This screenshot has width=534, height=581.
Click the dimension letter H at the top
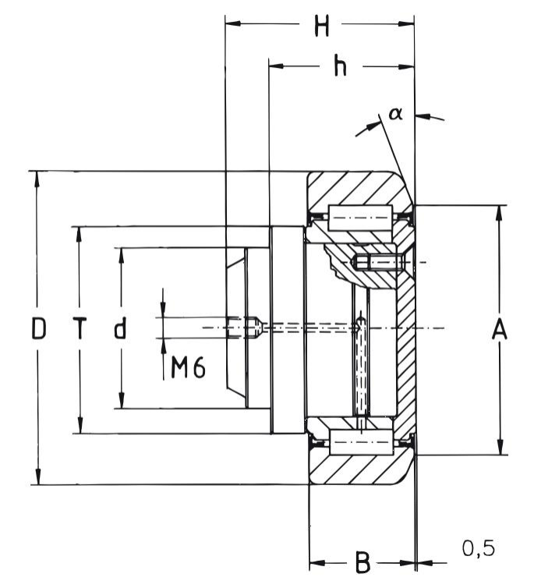tap(321, 27)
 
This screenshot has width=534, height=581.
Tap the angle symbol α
tap(395, 114)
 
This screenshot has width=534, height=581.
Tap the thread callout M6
tap(188, 368)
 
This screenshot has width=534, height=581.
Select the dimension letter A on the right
tap(500, 330)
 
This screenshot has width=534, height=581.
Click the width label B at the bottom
tap(362, 562)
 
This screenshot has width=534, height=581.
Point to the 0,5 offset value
tap(478, 549)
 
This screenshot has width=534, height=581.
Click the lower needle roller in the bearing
tap(359, 442)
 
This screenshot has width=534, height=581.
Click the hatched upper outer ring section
tap(355, 187)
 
